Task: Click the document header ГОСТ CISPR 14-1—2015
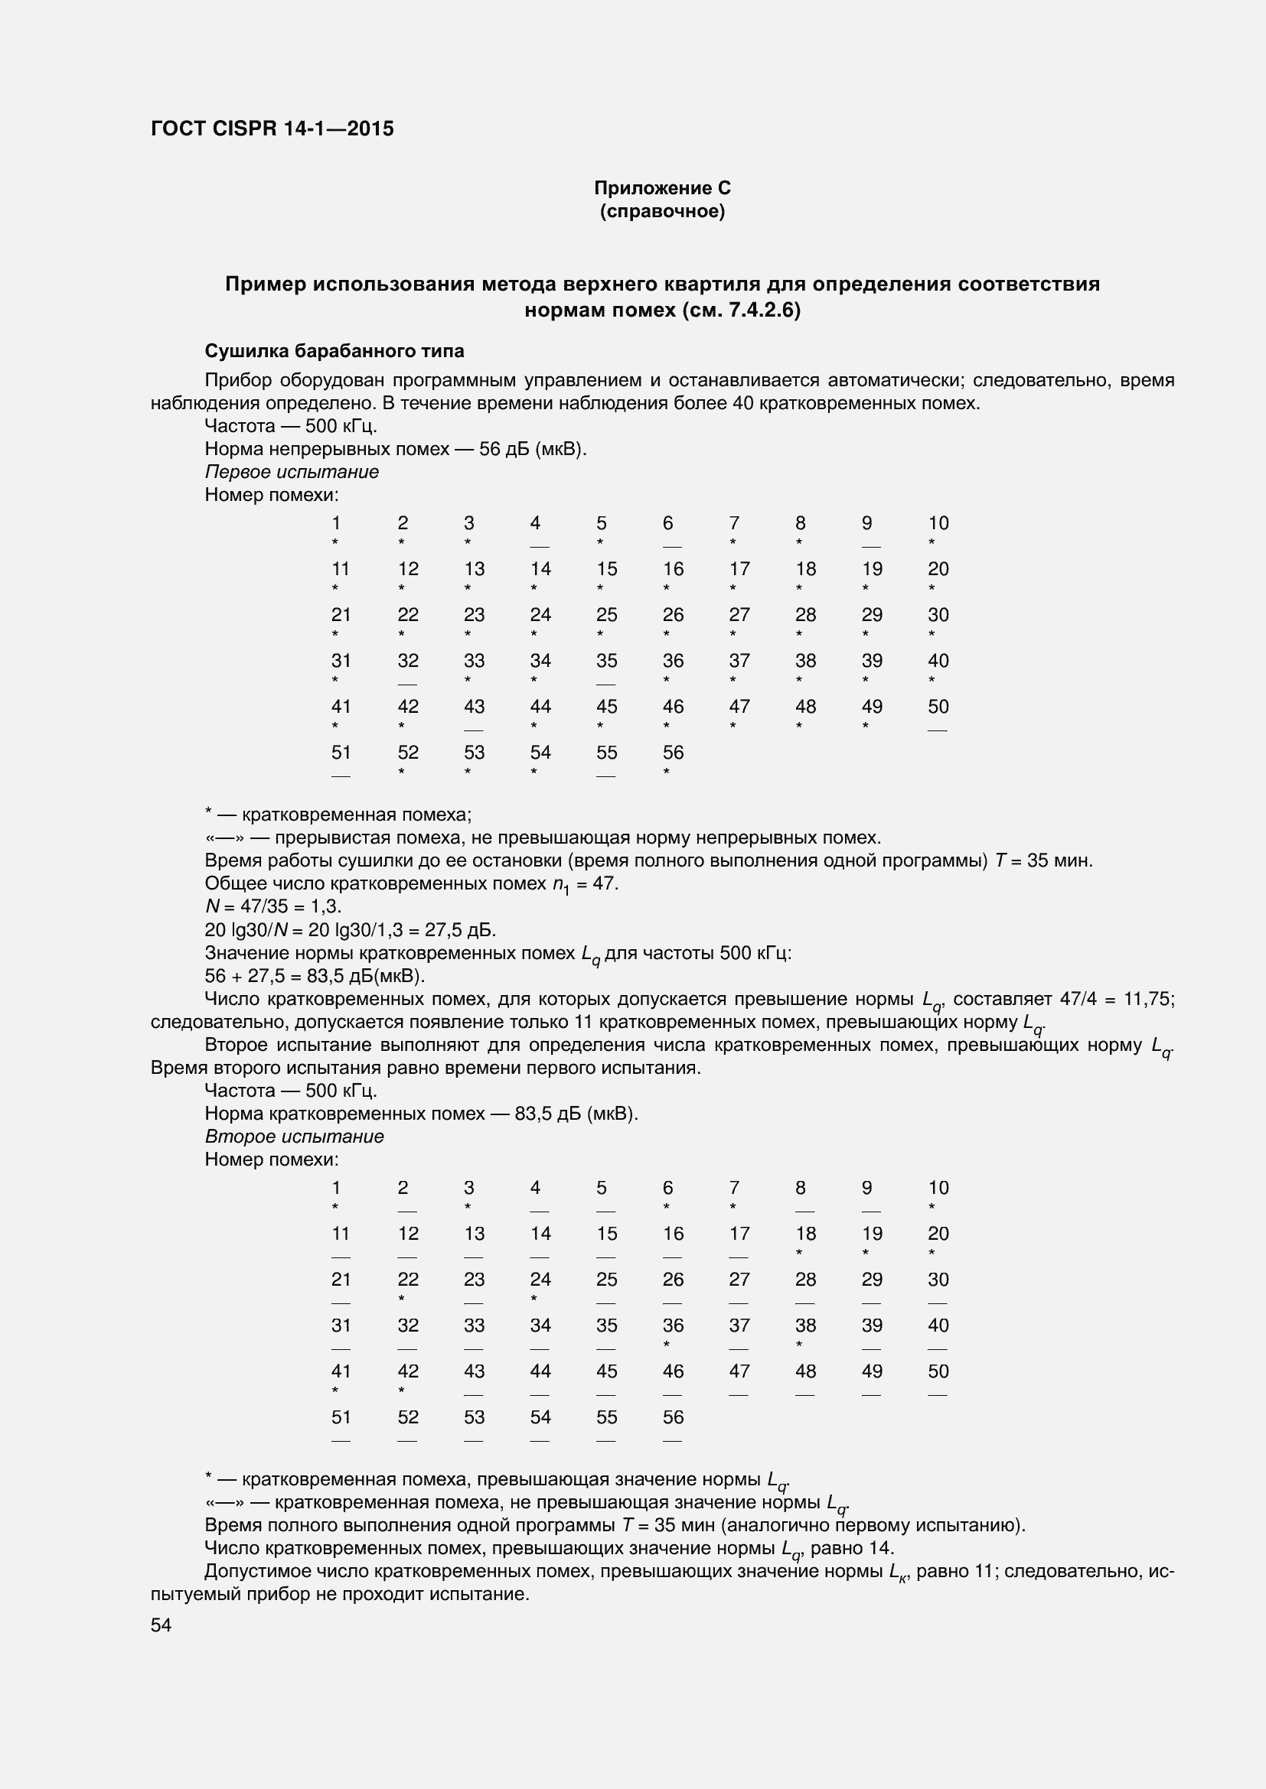click(272, 128)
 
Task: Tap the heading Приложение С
click(662, 188)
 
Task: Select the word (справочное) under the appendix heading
click(662, 211)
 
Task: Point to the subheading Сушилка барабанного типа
click(334, 351)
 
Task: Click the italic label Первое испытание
click(292, 471)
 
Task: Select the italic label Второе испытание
click(294, 1136)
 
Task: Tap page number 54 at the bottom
click(162, 1625)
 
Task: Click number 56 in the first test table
click(673, 752)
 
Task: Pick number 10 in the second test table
click(938, 1188)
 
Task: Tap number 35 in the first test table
click(606, 661)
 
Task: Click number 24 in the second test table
click(540, 1280)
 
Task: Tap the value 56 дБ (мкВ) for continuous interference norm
click(532, 449)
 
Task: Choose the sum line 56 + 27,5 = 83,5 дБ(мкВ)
click(314, 975)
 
